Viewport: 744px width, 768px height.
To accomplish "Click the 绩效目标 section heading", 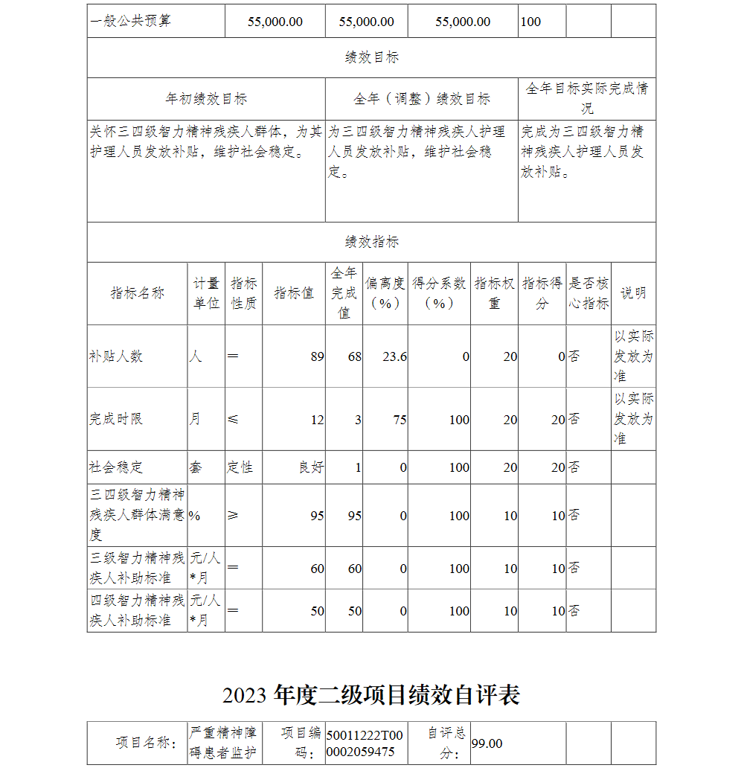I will click(371, 57).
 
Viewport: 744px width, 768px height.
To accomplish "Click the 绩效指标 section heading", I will click(371, 242).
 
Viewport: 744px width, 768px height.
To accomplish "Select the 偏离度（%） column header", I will click(385, 293).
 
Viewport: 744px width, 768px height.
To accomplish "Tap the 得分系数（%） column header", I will click(439, 293).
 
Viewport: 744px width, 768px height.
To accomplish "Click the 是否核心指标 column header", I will click(589, 293).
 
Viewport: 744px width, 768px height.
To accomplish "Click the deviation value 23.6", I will click(394, 356).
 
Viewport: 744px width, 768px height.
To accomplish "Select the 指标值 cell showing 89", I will click(317, 356).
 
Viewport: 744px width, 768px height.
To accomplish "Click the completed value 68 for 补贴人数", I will click(354, 356).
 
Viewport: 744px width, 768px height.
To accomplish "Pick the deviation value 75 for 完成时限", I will click(400, 420).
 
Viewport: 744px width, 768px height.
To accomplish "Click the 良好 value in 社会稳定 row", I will click(311, 467).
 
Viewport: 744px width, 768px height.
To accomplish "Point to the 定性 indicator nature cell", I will click(240, 467).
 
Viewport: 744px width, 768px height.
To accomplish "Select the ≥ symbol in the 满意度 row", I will click(233, 515).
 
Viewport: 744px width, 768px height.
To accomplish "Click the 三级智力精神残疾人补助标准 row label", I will click(137, 568).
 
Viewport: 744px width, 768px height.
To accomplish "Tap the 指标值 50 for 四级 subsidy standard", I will click(317, 611).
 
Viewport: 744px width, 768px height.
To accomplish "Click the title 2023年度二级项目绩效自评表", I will click(371, 695).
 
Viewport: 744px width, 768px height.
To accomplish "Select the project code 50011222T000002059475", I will click(365, 743).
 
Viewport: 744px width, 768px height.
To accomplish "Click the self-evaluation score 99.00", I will click(487, 743).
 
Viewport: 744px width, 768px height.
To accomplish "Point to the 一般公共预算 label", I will click(130, 21).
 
